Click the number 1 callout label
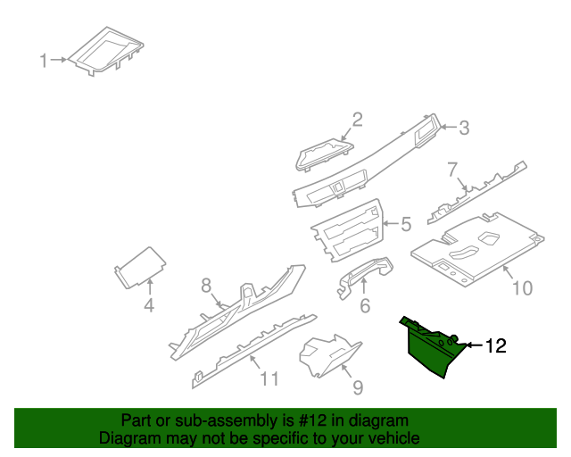coord(42,61)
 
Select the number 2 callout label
coord(357,119)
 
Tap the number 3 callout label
coord(463,129)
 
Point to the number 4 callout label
coord(149,306)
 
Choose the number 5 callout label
coord(405,224)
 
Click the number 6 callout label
coord(364,306)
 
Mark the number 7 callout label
coord(452,169)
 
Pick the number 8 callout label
coord(206,286)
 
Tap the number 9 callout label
coord(357,386)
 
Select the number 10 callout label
coord(521,287)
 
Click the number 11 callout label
coord(269,378)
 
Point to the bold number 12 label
coord(494,345)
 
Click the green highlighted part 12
coord(428,350)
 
